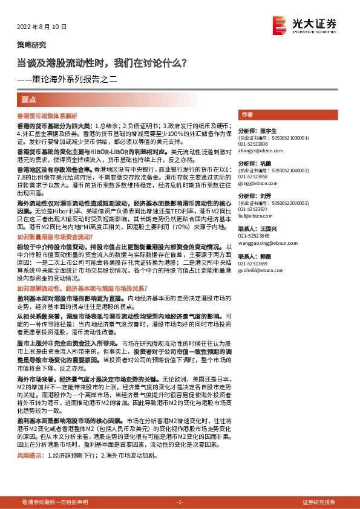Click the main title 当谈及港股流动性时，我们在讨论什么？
(102, 62)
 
